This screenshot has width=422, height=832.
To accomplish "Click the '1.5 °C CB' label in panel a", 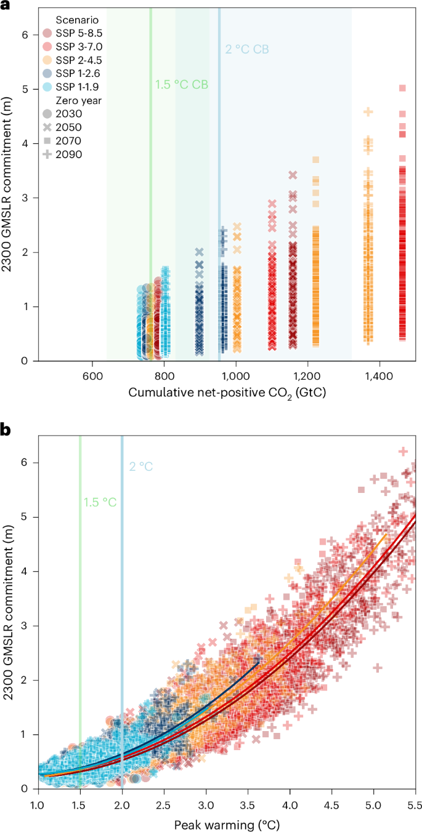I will tap(181, 85).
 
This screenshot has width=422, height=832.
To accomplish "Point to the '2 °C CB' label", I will tap(246, 49).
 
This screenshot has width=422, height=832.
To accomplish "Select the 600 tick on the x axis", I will tap(92, 374).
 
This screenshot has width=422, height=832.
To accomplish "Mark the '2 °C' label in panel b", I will tap(140, 466).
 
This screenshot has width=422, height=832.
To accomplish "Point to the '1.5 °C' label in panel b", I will tap(100, 502).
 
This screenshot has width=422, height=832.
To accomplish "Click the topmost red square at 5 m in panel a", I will tap(402, 88).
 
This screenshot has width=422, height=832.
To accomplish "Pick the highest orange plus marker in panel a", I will tap(368, 111).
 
